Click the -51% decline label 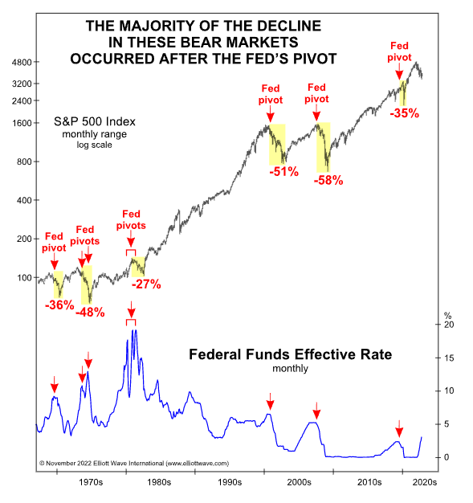click(x=283, y=171)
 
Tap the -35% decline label click(x=404, y=113)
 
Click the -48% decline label click(x=89, y=312)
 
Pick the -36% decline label click(x=59, y=305)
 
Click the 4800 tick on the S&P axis click(x=18, y=63)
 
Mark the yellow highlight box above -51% click(x=277, y=144)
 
